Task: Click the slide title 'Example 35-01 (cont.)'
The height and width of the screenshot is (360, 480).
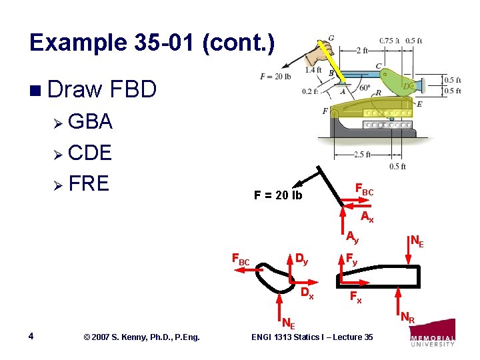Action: pyautogui.click(x=151, y=43)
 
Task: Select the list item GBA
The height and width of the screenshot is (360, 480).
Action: pyautogui.click(x=90, y=122)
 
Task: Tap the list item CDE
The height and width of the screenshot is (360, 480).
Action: pyautogui.click(x=90, y=153)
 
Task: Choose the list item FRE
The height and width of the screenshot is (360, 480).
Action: pyautogui.click(x=89, y=183)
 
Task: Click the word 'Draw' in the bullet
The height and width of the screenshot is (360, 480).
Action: pyautogui.click(x=73, y=88)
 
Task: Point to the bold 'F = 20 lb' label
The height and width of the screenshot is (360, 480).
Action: pyautogui.click(x=277, y=195)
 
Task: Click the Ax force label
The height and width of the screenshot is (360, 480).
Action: pyautogui.click(x=367, y=217)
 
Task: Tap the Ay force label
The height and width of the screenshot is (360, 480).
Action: pyautogui.click(x=352, y=236)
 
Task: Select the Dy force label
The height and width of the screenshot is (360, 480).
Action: pyautogui.click(x=301, y=259)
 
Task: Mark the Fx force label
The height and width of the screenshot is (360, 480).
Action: pyautogui.click(x=356, y=297)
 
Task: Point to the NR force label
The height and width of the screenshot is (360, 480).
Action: pyautogui.click(x=407, y=318)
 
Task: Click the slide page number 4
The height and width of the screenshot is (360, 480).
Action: pyautogui.click(x=33, y=337)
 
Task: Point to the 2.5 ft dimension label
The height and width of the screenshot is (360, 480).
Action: pyautogui.click(x=362, y=155)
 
